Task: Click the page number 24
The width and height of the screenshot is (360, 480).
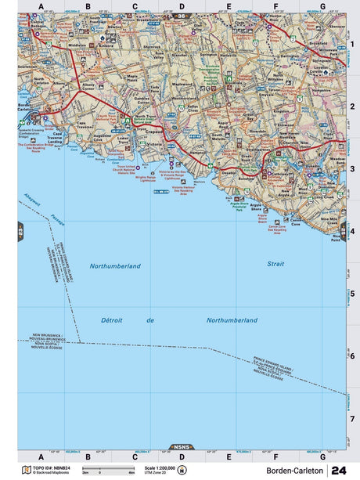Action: [339, 470]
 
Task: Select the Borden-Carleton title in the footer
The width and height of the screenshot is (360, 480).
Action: [293, 470]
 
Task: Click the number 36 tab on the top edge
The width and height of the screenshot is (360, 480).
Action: [181, 16]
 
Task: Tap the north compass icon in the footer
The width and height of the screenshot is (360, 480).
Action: [182, 471]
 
